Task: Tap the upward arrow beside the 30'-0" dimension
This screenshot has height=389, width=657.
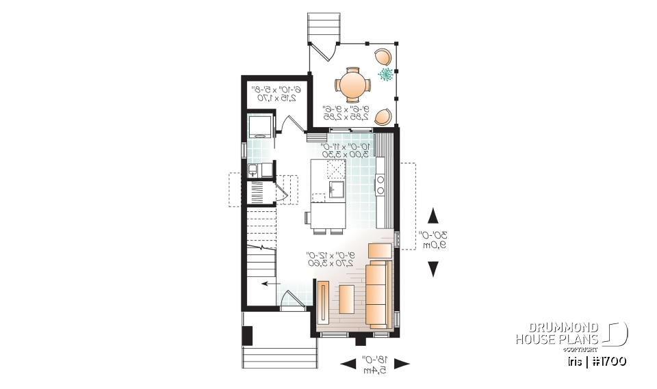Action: tap(433, 217)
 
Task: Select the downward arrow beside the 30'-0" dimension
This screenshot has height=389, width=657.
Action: tap(433, 269)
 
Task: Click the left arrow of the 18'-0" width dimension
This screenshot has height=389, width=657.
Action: tap(348, 362)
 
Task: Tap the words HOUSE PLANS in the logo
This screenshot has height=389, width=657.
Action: tap(557, 339)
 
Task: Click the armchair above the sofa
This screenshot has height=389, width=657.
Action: tap(380, 251)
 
